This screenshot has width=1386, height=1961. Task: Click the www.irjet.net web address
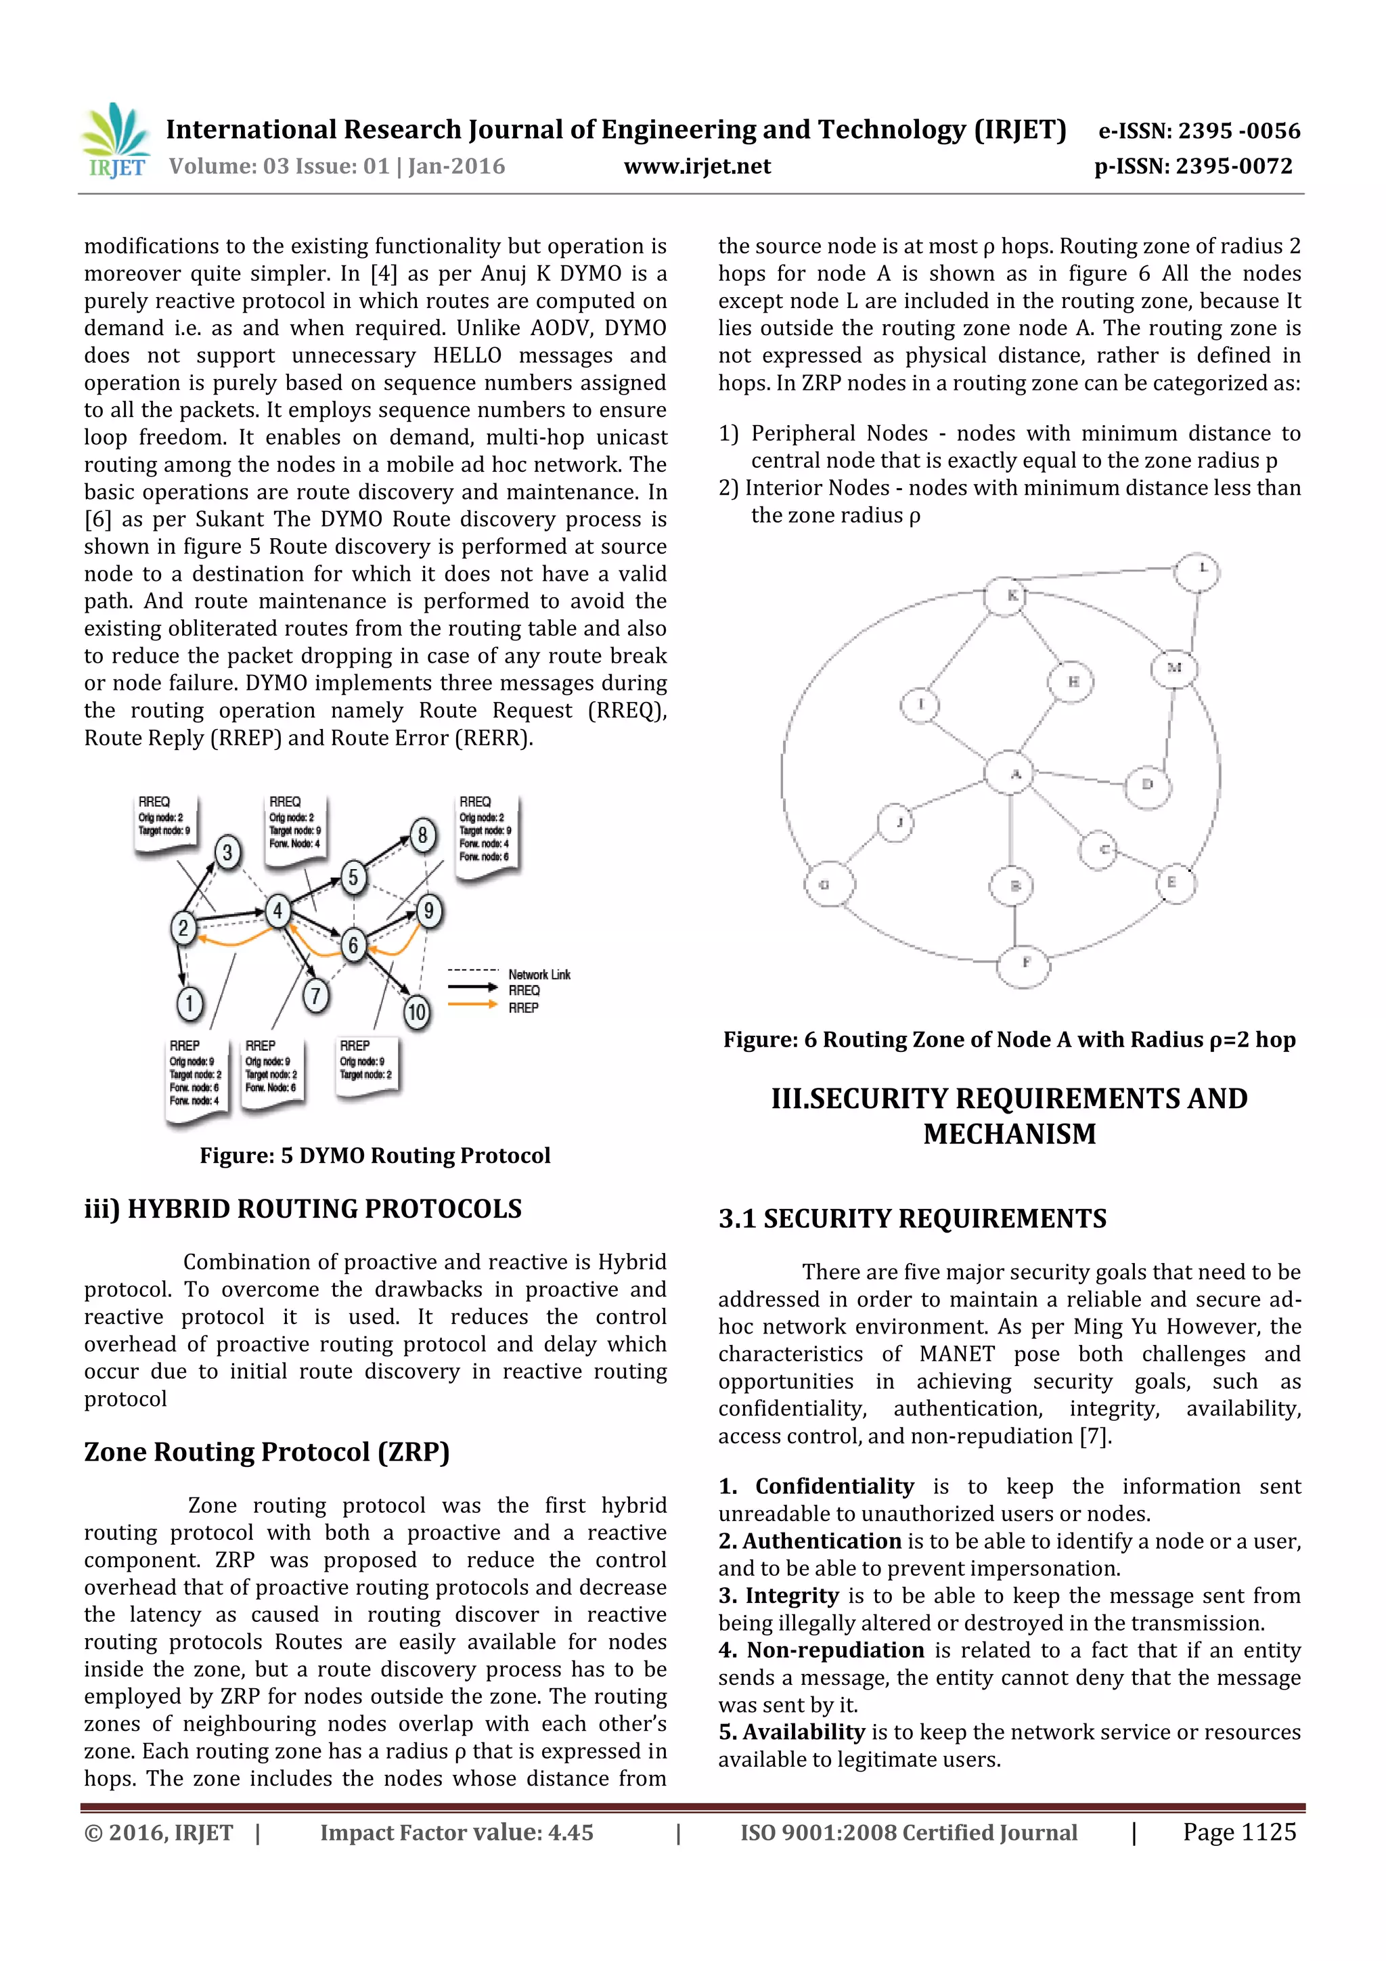pos(697,167)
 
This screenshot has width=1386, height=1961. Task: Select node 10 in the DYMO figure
pos(416,1013)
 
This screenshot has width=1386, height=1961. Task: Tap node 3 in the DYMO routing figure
pos(227,852)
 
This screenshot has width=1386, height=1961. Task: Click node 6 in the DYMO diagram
pos(353,945)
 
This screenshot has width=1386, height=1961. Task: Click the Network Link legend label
pos(539,975)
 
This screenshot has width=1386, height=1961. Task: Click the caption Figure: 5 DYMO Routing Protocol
pos(375,1155)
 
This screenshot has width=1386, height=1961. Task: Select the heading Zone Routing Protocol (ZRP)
pos(267,1452)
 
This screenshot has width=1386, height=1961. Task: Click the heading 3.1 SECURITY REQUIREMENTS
pos(912,1219)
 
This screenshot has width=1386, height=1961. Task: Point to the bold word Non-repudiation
pos(835,1650)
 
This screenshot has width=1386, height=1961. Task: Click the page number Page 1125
pos(1239,1832)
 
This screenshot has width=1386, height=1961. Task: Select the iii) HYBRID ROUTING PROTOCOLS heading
pos(303,1210)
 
